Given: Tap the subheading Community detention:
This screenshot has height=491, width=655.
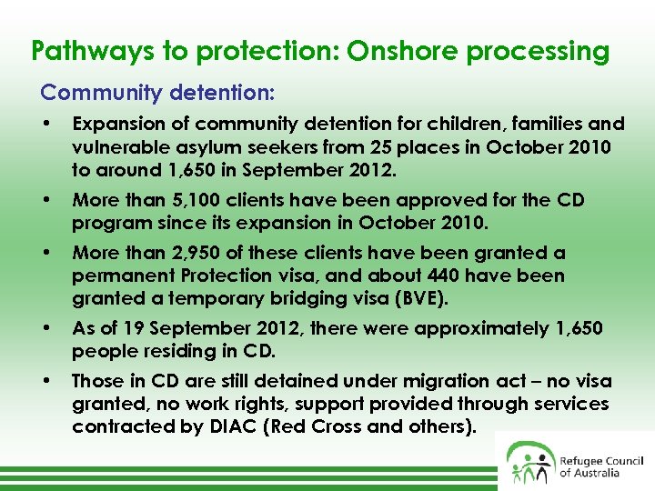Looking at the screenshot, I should coord(157,93).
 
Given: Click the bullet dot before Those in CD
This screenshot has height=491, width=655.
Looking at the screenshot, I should coord(46,382).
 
